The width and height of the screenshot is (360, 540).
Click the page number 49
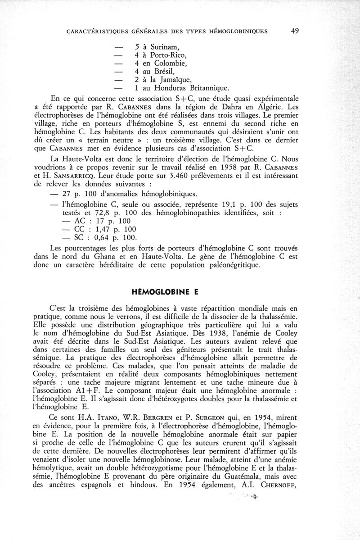[295, 31]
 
